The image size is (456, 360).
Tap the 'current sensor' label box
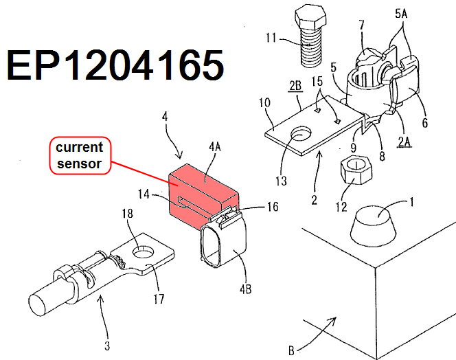[79, 155]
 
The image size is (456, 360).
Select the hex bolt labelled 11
[310, 34]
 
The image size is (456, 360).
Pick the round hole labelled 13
[301, 135]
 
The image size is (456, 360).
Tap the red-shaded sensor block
[196, 190]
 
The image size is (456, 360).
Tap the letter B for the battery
[291, 351]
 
